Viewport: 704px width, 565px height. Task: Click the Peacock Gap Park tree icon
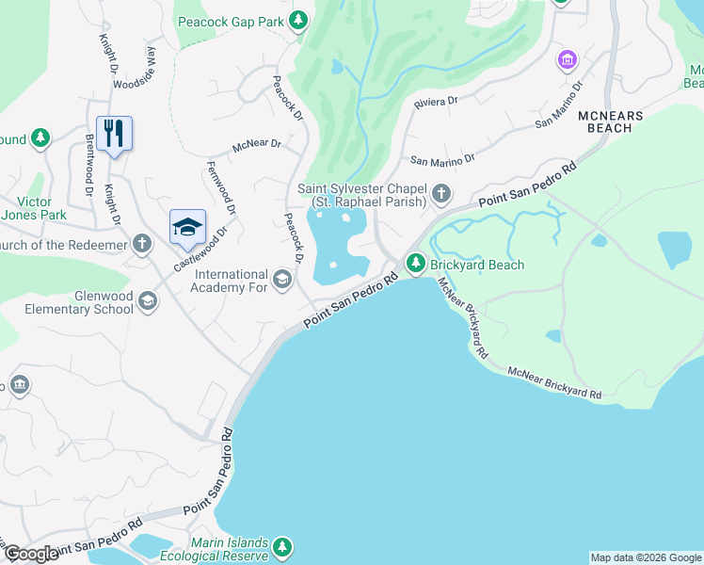tap(298, 20)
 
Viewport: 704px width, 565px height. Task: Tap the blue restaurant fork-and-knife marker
tap(114, 133)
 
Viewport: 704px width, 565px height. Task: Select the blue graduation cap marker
tap(187, 226)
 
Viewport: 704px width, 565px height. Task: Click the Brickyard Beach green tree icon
tap(414, 265)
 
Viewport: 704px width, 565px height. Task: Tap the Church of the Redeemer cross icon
tap(141, 245)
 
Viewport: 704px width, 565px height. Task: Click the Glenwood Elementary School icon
tap(147, 300)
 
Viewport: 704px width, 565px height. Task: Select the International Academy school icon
tap(280, 278)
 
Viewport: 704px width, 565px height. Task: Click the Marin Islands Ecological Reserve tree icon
tap(281, 547)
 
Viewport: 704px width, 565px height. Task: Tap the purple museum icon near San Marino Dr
tap(567, 61)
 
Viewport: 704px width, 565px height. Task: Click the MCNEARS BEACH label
tap(610, 121)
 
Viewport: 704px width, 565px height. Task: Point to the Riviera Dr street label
tap(436, 100)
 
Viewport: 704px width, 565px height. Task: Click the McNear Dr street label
tap(257, 145)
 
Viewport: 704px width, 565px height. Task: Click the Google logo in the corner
tap(31, 554)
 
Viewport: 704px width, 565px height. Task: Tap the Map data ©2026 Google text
tap(646, 557)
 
